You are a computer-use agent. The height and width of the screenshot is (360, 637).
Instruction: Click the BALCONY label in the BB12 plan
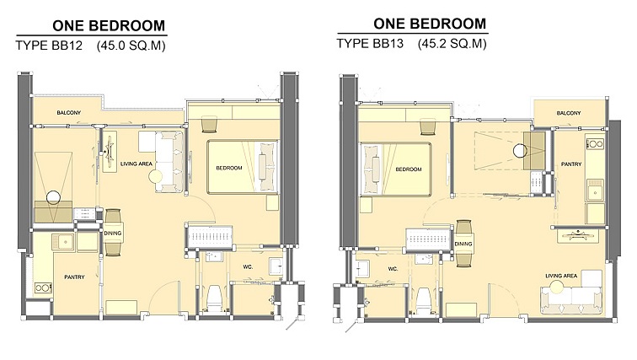68,112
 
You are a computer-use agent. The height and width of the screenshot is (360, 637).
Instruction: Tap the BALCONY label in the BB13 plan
569,113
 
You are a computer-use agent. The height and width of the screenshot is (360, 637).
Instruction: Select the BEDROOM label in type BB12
229,168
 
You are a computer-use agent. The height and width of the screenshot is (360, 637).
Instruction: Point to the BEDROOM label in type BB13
409,169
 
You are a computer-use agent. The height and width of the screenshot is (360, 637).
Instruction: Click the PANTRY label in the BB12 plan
74,277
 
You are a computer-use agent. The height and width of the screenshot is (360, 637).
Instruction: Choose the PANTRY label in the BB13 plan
571,164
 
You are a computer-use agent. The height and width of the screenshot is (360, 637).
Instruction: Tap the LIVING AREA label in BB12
136,164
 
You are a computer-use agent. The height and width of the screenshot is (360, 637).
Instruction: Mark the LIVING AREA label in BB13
561,276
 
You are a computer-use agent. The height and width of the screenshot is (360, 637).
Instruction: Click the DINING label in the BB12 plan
113,234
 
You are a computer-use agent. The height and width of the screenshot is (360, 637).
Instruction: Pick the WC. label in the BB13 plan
393,269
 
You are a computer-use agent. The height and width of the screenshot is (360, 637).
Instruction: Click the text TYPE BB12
49,45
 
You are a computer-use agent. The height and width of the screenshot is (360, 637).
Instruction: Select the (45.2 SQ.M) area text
452,44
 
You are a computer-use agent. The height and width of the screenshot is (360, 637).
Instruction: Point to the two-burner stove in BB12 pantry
43,288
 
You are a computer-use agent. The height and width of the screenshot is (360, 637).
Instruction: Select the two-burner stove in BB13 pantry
595,144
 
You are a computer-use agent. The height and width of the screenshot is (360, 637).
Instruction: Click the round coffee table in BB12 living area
155,177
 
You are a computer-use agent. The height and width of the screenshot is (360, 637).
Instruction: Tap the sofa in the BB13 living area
571,300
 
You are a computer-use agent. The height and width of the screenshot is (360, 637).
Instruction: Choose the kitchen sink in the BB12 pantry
63,242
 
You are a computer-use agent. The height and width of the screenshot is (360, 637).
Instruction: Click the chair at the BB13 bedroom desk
428,126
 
